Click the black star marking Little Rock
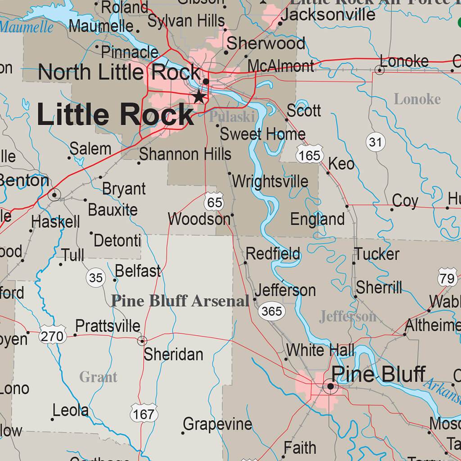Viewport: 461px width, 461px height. (199, 96)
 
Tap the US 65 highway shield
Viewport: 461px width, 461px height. (214, 203)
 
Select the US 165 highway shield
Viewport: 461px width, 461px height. (310, 155)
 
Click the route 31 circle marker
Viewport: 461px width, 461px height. (375, 143)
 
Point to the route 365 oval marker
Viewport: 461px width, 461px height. (271, 311)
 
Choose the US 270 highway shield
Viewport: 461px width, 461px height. (52, 335)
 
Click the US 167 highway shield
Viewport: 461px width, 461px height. (144, 413)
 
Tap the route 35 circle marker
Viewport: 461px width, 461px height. (95, 278)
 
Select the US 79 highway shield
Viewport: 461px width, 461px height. (447, 278)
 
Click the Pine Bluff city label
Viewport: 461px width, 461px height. (378, 374)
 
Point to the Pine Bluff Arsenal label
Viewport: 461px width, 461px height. (180, 301)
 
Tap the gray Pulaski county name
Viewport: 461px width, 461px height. (232, 117)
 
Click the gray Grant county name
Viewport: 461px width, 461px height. (98, 376)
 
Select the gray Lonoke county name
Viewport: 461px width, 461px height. (417, 99)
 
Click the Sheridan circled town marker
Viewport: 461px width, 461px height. (142, 341)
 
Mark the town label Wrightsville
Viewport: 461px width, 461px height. (270, 181)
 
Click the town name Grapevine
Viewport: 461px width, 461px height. (218, 424)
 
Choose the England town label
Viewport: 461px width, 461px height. (317, 219)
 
